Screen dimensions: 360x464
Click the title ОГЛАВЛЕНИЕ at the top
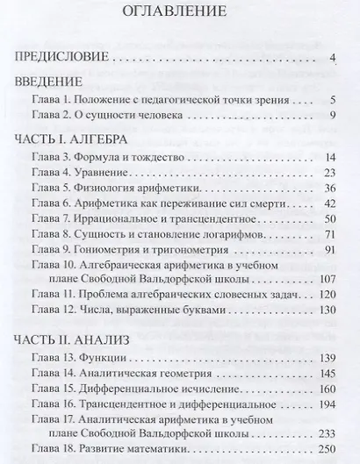[179, 14]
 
